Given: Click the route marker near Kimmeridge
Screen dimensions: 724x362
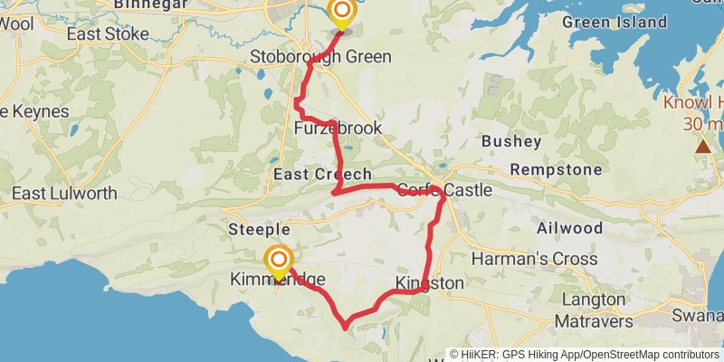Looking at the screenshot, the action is [x=278, y=262].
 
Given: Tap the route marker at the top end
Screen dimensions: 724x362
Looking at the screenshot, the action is [x=342, y=13].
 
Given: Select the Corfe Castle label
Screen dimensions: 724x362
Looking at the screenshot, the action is [x=443, y=191].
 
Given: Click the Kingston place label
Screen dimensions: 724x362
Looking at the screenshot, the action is [x=429, y=284].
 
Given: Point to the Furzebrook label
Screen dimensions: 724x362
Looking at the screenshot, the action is [x=338, y=129].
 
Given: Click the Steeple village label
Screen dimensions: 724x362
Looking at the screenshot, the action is [x=260, y=230].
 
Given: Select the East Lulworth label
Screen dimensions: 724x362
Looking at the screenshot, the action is [x=64, y=194].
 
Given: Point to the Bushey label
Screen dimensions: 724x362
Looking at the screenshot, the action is [x=511, y=141].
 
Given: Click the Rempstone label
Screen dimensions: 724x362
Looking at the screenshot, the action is [x=556, y=169].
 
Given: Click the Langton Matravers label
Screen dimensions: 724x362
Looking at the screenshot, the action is [x=593, y=309].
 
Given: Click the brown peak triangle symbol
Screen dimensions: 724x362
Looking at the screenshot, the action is [x=703, y=146].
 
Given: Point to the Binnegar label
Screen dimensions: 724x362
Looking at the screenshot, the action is [x=151, y=5].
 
